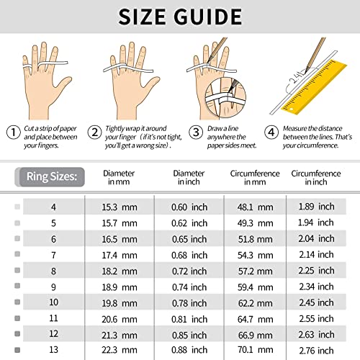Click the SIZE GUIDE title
click(x=180, y=16)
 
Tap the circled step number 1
click(x=13, y=132)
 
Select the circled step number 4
click(x=271, y=132)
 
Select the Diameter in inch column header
click(x=189, y=178)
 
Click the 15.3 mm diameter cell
click(x=120, y=207)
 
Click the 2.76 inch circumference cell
click(x=315, y=350)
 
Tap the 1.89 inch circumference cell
click(x=315, y=207)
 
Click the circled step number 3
click(x=194, y=132)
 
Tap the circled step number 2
click(x=94, y=132)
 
